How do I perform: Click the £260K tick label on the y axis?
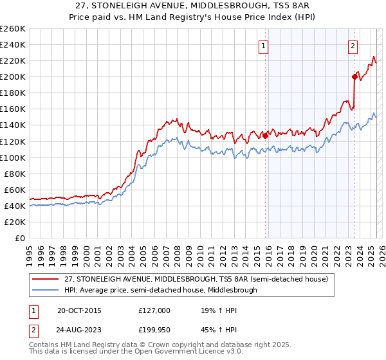click(13, 29)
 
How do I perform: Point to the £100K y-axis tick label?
click(13, 157)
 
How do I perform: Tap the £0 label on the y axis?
click(20, 239)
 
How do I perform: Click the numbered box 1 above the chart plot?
click(264, 46)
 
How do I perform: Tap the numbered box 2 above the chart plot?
click(353, 46)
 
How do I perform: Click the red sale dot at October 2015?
click(265, 136)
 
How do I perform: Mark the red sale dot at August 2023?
click(354, 76)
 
